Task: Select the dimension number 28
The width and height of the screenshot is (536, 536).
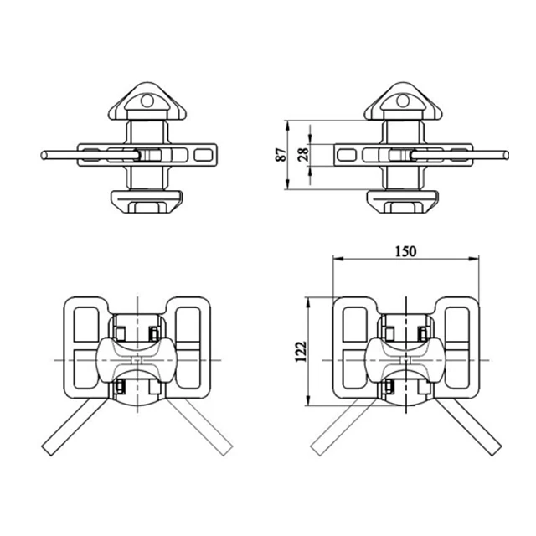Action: tap(303, 154)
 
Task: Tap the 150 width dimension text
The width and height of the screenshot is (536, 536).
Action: tap(405, 251)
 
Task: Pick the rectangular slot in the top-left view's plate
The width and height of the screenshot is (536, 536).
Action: tap(203, 154)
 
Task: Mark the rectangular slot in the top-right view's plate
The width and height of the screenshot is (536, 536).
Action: tap(348, 154)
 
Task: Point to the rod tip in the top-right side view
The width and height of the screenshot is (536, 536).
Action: tap(505, 154)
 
